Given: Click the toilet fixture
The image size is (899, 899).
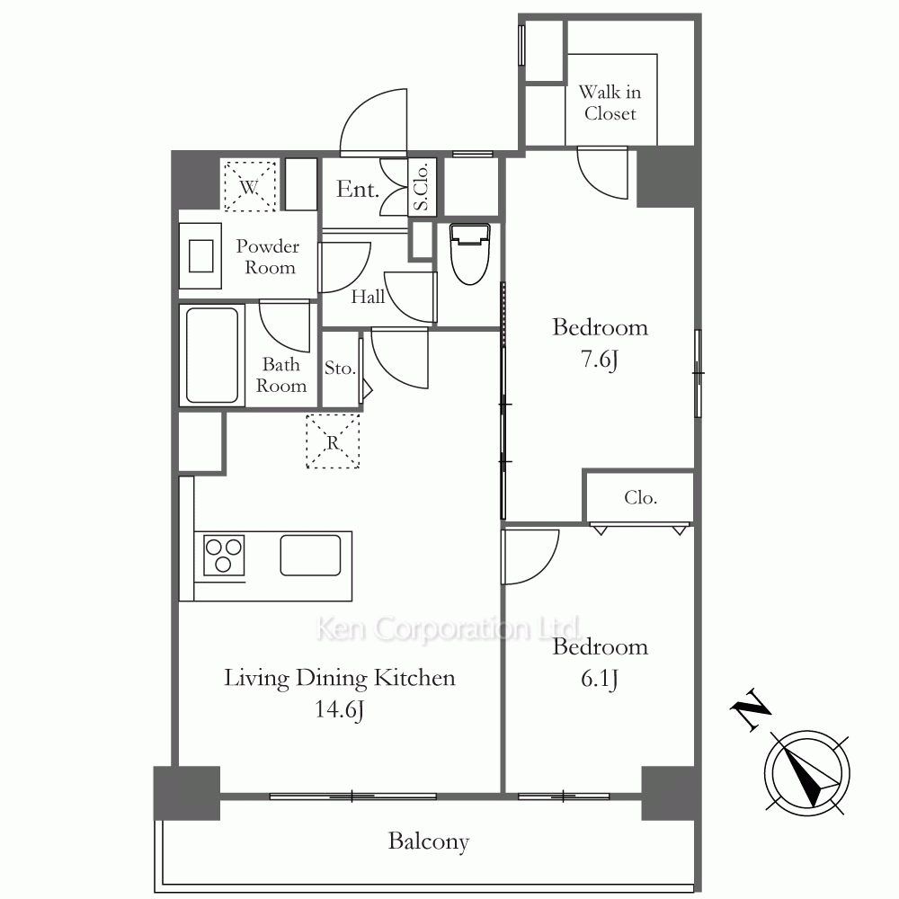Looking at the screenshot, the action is click(x=469, y=254).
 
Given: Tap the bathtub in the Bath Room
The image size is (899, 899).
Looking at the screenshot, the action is click(x=212, y=355).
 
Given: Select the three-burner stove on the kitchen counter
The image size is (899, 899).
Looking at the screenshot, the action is click(x=224, y=556).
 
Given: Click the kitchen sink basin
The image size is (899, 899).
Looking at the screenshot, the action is click(x=310, y=555).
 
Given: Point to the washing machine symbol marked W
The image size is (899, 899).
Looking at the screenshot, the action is click(x=249, y=186).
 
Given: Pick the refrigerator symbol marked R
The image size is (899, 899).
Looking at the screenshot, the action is click(x=333, y=441).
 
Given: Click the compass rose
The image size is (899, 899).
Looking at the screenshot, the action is click(x=807, y=773).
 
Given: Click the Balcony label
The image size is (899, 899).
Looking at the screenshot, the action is click(x=428, y=841).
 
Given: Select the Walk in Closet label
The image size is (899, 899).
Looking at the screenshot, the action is click(x=610, y=102).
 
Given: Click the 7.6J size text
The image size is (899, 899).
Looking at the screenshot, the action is click(x=600, y=360).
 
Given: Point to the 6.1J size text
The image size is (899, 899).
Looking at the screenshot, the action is click(x=600, y=679).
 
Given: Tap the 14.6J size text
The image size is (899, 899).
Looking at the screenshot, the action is click(x=340, y=710).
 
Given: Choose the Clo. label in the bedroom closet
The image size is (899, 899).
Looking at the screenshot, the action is click(x=640, y=497).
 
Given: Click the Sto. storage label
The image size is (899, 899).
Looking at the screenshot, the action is click(x=340, y=368).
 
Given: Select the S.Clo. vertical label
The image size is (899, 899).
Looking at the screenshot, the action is click(x=422, y=186).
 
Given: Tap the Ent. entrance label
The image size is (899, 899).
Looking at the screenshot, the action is click(x=358, y=189).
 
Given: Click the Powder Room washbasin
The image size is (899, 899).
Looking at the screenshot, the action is click(x=200, y=255).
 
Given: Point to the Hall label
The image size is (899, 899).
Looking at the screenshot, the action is click(x=368, y=297).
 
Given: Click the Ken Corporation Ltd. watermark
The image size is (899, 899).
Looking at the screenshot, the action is click(x=449, y=628).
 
